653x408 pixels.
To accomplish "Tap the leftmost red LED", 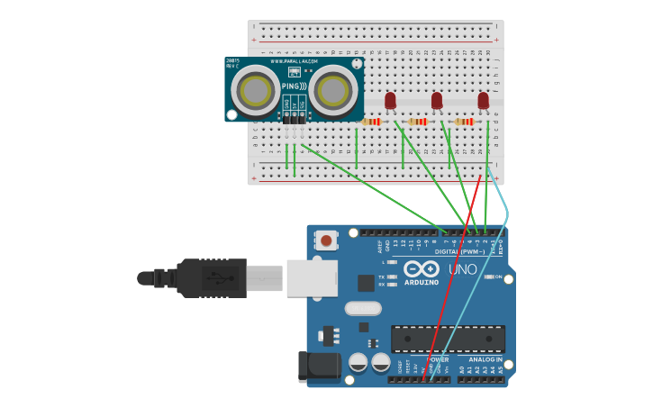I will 390,100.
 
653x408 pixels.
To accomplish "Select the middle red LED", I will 437,100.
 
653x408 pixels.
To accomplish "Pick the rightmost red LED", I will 484,100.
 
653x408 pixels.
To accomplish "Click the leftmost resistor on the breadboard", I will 371,122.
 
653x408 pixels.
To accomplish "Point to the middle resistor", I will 418,122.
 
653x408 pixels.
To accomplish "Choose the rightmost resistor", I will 465,122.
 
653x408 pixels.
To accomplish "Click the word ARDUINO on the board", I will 422,282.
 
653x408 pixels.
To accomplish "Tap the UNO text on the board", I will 463,269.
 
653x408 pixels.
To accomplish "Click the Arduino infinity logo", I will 422,268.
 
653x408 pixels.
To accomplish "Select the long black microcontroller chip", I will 448,339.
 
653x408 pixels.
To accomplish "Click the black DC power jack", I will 319,366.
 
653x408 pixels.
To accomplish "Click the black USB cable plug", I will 212,278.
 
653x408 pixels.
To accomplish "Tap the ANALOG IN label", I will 485,359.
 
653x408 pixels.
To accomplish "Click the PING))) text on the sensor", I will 293,86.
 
